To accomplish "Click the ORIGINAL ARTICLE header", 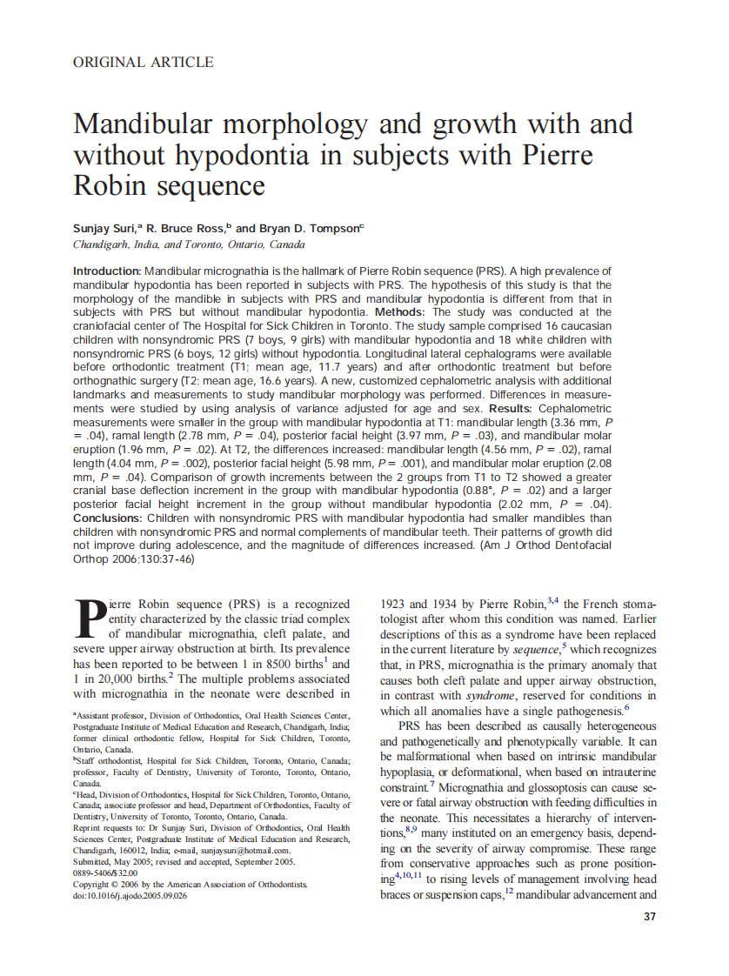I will [144, 62].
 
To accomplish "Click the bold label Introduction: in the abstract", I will [107, 272].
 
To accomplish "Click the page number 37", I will [649, 917].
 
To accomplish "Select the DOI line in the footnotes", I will [130, 895].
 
